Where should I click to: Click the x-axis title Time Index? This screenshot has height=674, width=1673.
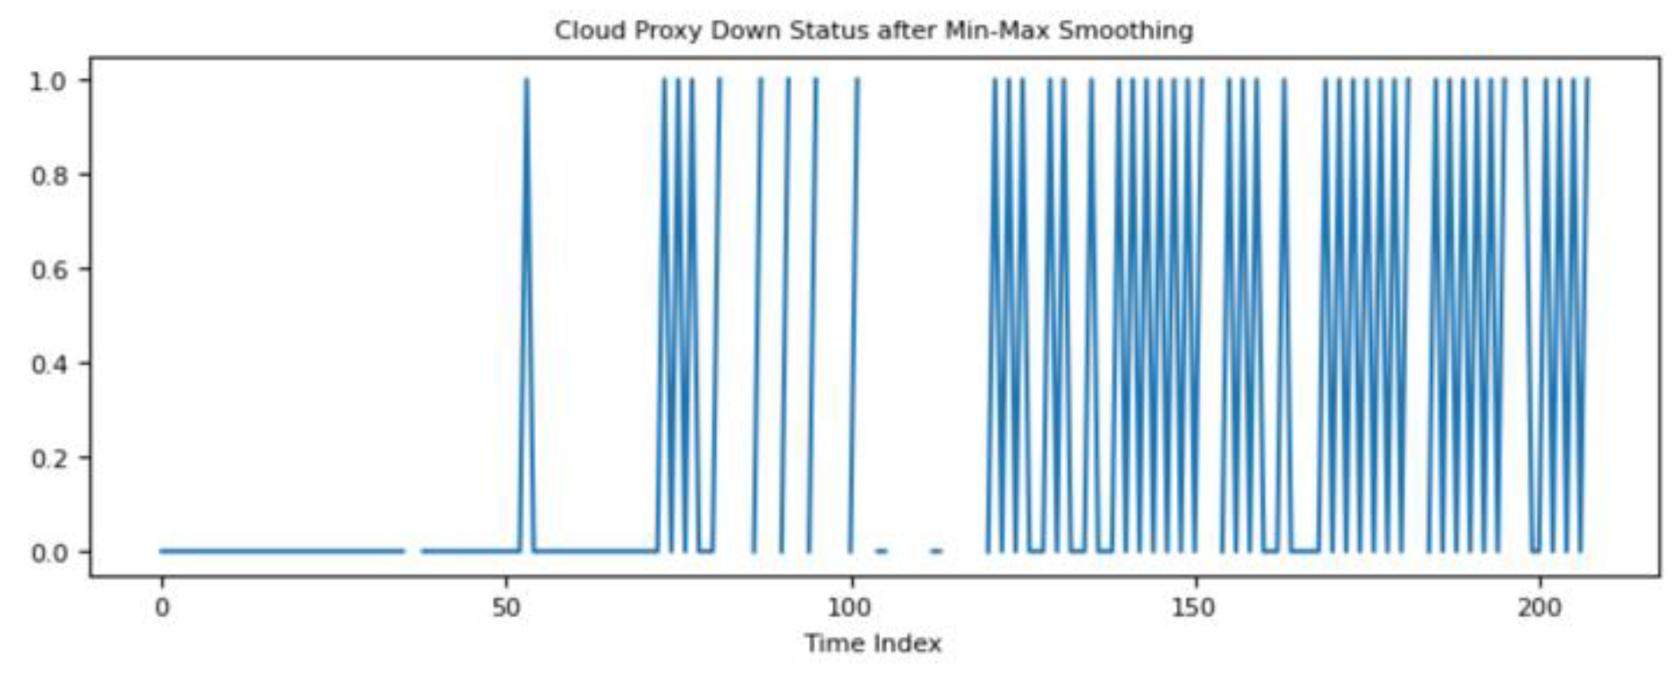click(x=873, y=643)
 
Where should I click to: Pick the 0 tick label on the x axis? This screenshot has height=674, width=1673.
click(x=161, y=608)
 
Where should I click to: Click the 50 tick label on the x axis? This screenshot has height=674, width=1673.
click(x=506, y=608)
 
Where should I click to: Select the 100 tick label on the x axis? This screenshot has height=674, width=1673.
click(x=850, y=608)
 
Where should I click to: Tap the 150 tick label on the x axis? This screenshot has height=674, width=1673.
click(x=1194, y=608)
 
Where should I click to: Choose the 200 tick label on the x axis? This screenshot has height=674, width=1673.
click(x=1539, y=608)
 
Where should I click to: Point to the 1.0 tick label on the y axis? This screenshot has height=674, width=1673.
click(x=49, y=80)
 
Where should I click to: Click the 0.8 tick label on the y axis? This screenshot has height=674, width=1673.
click(x=49, y=175)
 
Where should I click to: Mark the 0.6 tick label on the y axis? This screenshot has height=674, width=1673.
click(x=49, y=269)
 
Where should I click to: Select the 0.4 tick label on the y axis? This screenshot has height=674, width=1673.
click(x=49, y=364)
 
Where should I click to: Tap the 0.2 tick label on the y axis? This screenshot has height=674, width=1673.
click(x=49, y=458)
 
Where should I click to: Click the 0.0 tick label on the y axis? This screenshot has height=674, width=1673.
click(x=49, y=552)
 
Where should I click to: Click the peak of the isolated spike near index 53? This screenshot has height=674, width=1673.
click(x=527, y=80)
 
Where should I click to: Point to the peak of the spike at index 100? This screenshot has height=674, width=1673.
click(x=857, y=80)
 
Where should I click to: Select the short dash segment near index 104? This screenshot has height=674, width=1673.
click(x=881, y=551)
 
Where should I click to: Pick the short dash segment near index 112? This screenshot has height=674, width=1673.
click(x=937, y=551)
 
